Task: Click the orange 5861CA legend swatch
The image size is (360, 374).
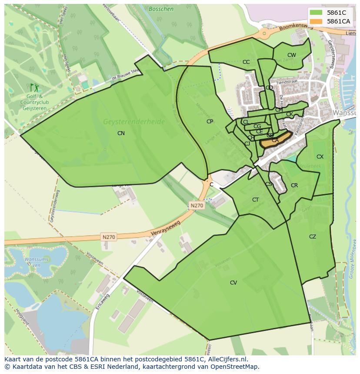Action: coord(317,21)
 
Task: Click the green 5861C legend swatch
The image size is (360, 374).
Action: coord(317,13)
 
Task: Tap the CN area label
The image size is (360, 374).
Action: coord(121,133)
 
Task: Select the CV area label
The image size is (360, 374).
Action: coord(233,283)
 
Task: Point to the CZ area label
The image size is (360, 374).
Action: coord(313,237)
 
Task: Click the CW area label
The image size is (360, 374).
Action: coord(291,55)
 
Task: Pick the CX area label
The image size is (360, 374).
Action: coord(320,157)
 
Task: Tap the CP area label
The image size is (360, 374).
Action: coord(210,122)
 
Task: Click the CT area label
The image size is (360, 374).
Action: coord(255,200)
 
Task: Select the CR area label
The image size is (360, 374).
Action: coord(294,185)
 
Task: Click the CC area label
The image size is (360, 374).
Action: coord(246,62)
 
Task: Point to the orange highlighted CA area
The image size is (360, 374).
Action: coord(275,141)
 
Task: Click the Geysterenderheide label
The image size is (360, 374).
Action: coord(134,122)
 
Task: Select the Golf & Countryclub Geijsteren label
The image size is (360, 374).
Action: coord(34,103)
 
